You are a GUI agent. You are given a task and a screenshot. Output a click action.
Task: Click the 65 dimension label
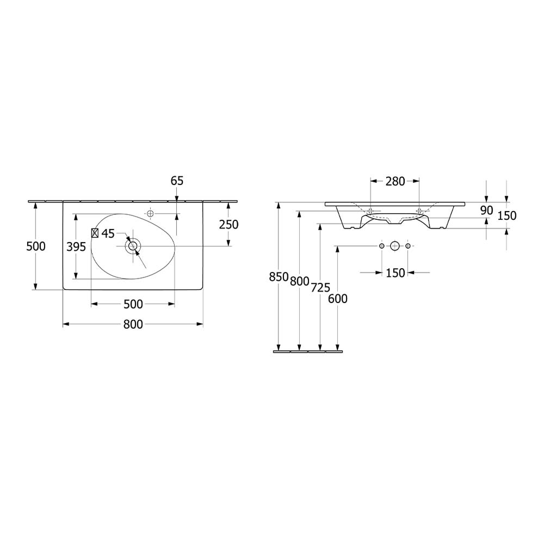(177, 181)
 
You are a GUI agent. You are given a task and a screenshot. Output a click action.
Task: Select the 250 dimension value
(228, 225)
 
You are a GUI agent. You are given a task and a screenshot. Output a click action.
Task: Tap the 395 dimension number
(76, 246)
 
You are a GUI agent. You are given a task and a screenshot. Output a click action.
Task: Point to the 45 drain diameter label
(108, 233)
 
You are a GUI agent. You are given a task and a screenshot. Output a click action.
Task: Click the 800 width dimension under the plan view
(133, 324)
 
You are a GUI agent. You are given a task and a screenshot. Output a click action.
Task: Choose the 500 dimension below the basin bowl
(133, 304)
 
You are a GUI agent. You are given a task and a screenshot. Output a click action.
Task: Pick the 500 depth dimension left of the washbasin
(36, 246)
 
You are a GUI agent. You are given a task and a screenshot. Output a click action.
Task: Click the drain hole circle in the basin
(133, 246)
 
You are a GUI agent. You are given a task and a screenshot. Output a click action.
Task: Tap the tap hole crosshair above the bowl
(150, 214)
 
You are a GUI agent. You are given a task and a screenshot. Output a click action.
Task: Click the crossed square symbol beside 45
(95, 233)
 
